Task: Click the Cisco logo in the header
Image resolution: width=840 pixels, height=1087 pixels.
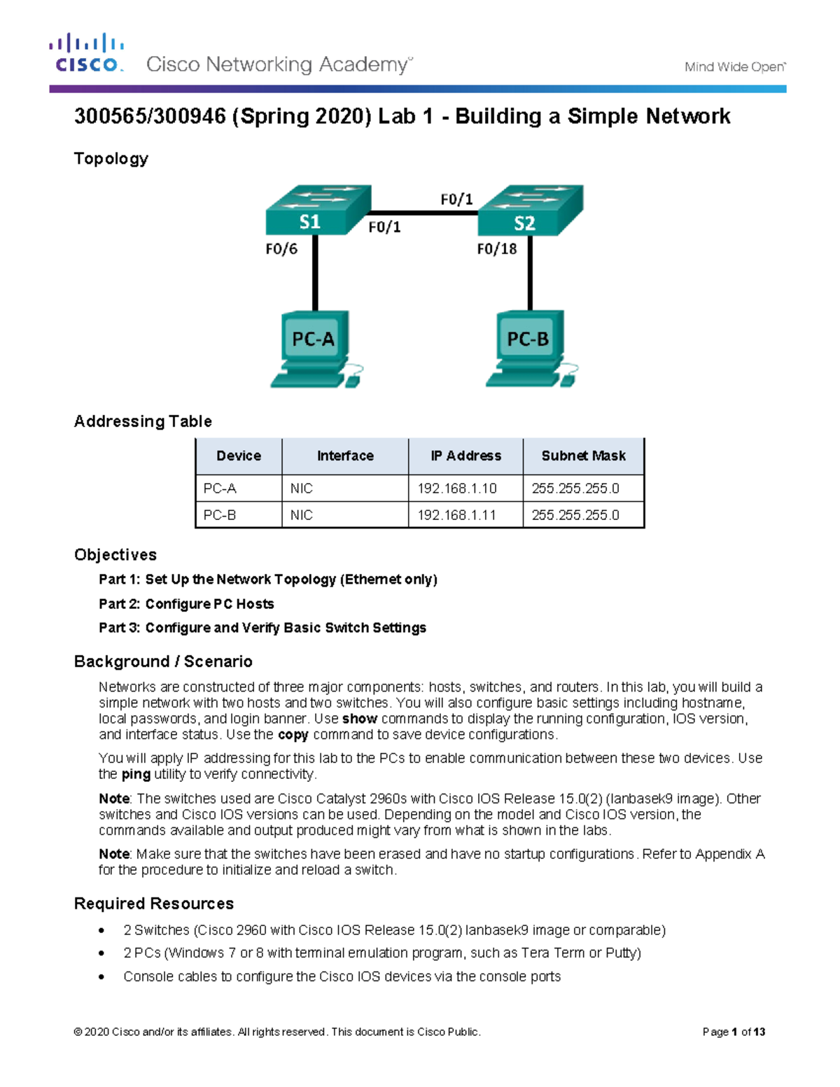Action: tap(87, 53)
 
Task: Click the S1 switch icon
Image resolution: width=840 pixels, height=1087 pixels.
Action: tap(317, 210)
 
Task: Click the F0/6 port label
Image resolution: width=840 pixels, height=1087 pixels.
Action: tap(281, 249)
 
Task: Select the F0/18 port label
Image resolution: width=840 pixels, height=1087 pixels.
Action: tap(496, 249)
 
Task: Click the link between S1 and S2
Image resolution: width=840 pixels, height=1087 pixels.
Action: tap(423, 212)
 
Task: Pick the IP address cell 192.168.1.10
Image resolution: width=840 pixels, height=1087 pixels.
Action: tap(457, 489)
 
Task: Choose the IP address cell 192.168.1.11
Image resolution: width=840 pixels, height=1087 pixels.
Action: tap(457, 515)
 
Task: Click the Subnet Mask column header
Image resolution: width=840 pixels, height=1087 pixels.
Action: tap(583, 456)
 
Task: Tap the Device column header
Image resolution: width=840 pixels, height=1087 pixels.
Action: tap(239, 456)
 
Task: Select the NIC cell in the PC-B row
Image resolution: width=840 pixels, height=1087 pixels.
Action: tap(302, 515)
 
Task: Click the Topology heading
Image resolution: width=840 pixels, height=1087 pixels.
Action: tap(111, 159)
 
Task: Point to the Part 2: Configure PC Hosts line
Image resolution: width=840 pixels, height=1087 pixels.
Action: tap(186, 604)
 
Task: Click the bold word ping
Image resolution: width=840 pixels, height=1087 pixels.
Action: tap(136, 774)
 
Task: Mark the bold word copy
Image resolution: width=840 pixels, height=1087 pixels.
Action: tap(293, 735)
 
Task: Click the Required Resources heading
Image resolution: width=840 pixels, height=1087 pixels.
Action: tap(154, 904)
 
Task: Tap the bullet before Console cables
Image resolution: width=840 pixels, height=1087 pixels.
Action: tap(102, 977)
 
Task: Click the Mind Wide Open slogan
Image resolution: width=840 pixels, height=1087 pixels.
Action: tap(735, 67)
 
